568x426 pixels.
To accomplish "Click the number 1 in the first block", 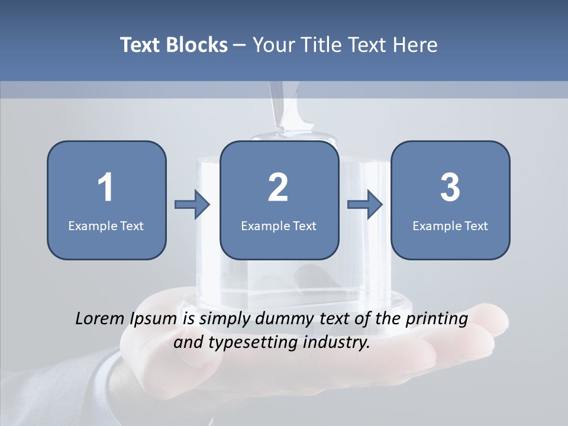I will pyautogui.click(x=105, y=188).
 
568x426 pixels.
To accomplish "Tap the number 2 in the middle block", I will pyautogui.click(x=278, y=188).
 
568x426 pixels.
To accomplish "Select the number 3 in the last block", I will pyautogui.click(x=450, y=188).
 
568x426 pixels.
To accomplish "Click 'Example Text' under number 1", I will pyautogui.click(x=106, y=225).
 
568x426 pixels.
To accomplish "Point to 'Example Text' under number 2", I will pyautogui.click(x=279, y=225).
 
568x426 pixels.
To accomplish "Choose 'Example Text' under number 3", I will pyautogui.click(x=450, y=225).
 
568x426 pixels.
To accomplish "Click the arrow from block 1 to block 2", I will pyautogui.click(x=192, y=205).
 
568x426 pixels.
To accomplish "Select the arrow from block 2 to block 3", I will pyautogui.click(x=365, y=205).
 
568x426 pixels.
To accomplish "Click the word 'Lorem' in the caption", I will pyautogui.click(x=100, y=319).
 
